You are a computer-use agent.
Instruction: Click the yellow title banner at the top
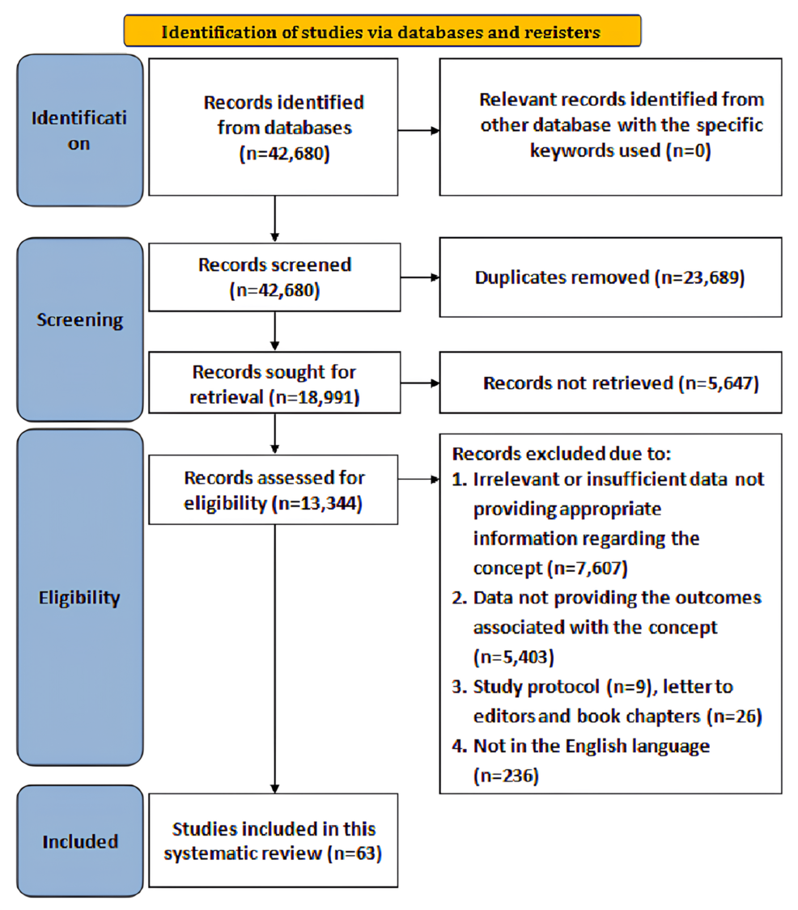click(381, 32)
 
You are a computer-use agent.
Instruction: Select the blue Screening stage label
click(79, 320)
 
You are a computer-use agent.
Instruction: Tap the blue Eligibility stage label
click(79, 599)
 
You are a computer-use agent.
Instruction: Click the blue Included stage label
click(79, 842)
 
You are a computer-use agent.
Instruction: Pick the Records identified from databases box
click(274, 127)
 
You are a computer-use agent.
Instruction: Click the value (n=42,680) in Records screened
click(274, 290)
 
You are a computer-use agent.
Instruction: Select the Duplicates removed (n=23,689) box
click(610, 277)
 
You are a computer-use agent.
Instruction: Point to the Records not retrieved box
click(610, 383)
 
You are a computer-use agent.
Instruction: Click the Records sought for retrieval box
click(274, 383)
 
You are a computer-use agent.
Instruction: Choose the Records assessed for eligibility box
click(274, 491)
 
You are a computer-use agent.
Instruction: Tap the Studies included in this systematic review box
click(274, 841)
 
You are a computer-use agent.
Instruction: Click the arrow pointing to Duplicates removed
click(418, 277)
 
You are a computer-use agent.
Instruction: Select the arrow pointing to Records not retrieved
click(418, 383)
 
